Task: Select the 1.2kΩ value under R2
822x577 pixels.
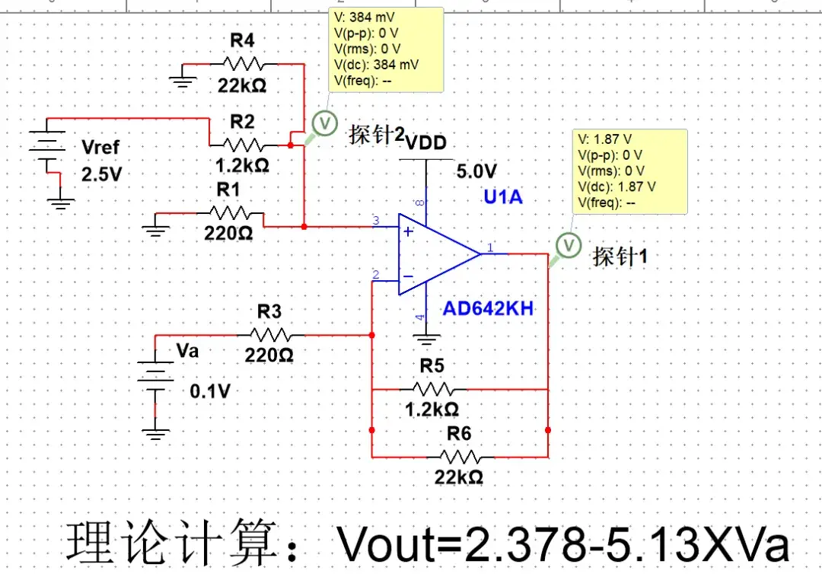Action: pyautogui.click(x=242, y=164)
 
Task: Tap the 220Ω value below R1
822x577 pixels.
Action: pyautogui.click(x=228, y=234)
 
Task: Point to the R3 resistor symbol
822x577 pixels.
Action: pyautogui.click(x=269, y=334)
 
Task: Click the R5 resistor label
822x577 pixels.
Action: pyautogui.click(x=432, y=365)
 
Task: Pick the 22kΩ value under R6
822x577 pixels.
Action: pyautogui.click(x=459, y=477)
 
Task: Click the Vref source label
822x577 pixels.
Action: pyautogui.click(x=100, y=147)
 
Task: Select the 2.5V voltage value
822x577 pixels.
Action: pyautogui.click(x=101, y=174)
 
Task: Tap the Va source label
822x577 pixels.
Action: pyautogui.click(x=187, y=351)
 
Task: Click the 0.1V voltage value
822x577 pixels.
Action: pyautogui.click(x=209, y=391)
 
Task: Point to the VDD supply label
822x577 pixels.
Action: pyautogui.click(x=425, y=143)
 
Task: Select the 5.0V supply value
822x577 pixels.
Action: pyautogui.click(x=476, y=171)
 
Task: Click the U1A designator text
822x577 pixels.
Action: pyautogui.click(x=503, y=197)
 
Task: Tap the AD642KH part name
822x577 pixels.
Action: pyautogui.click(x=488, y=309)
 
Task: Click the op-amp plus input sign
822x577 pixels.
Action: pyautogui.click(x=409, y=231)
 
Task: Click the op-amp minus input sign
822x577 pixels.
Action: pyautogui.click(x=409, y=277)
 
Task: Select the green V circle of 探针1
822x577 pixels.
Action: pyautogui.click(x=568, y=245)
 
